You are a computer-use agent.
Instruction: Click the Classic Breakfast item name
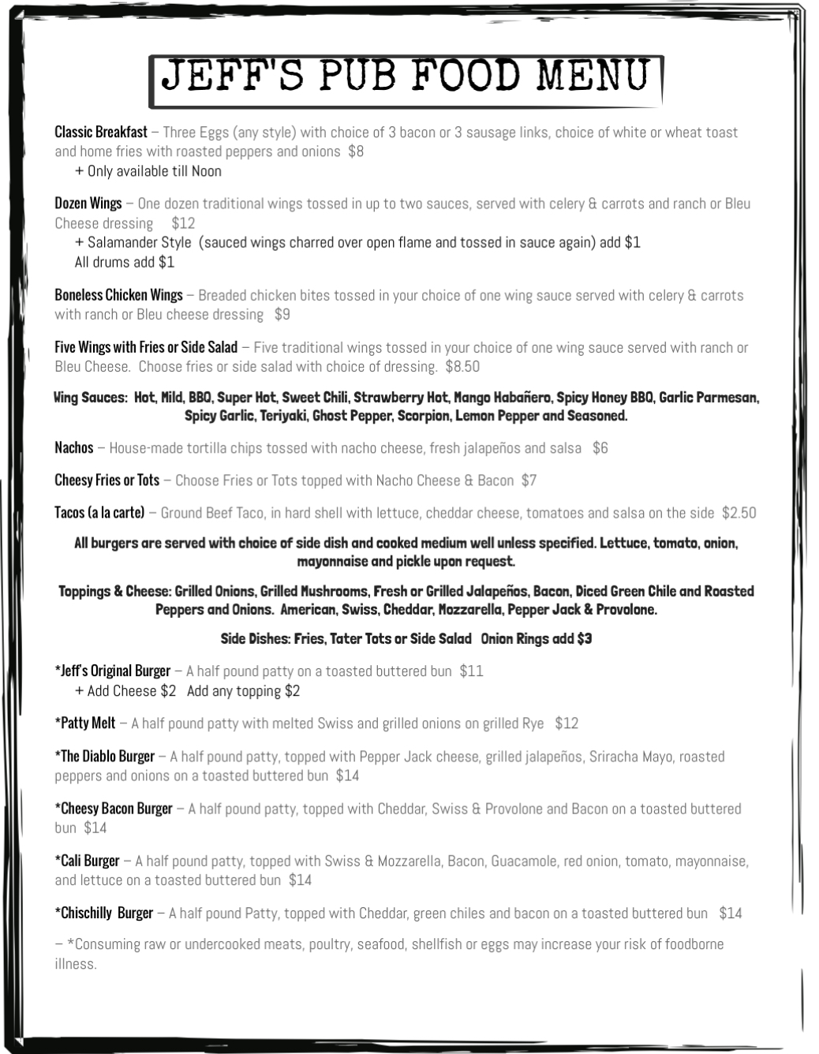click(101, 133)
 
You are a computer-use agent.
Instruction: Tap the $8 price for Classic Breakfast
click(356, 151)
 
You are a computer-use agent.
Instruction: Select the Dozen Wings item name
click(88, 204)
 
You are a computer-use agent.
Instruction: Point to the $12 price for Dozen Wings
click(183, 223)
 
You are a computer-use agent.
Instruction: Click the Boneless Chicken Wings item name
click(118, 295)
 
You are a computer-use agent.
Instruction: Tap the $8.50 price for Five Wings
click(462, 367)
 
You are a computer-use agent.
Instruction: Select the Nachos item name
click(74, 448)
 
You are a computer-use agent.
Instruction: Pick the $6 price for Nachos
click(600, 448)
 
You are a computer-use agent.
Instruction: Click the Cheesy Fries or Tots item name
click(107, 480)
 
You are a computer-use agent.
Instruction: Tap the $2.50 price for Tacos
click(739, 513)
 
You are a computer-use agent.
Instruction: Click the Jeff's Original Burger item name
click(113, 671)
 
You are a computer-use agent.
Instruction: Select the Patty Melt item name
click(85, 723)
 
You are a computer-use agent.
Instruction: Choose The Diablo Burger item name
click(105, 757)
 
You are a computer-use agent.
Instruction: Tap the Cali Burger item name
click(87, 861)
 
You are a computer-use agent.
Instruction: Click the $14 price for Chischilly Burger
click(731, 914)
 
